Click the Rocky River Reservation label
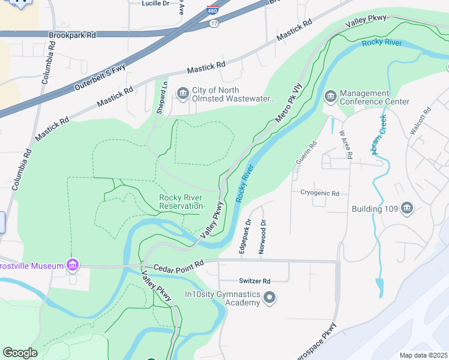(181, 202)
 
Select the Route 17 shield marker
(214, 23)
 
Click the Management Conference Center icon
(330, 97)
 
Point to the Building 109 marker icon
(407, 208)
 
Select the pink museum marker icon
(73, 265)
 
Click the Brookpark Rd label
(72, 35)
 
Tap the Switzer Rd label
(255, 281)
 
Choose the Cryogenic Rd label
(320, 193)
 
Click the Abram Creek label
(381, 134)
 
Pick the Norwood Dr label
(262, 237)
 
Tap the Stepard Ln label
(161, 97)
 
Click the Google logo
(20, 353)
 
